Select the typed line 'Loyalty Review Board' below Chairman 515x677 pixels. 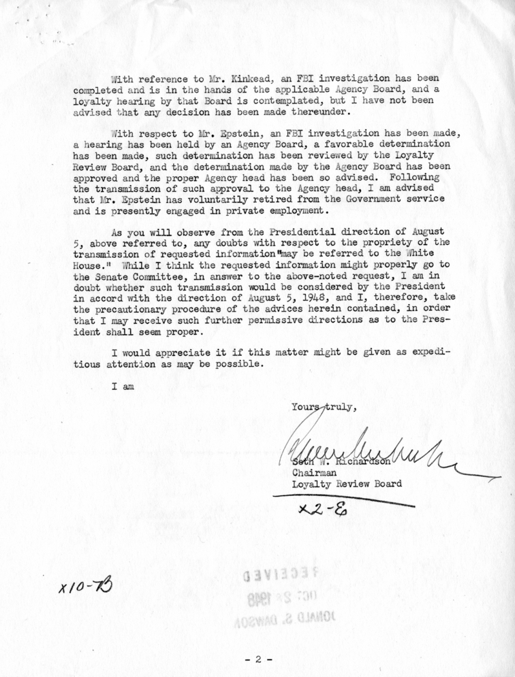(347, 484)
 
